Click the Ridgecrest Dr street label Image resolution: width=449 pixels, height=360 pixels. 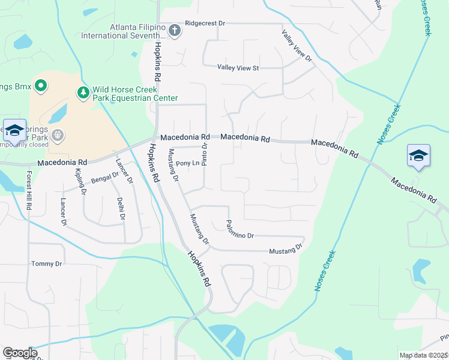205,23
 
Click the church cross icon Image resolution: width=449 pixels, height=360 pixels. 175,31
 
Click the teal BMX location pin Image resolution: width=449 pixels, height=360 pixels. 41,87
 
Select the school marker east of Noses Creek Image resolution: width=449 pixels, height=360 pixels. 418,157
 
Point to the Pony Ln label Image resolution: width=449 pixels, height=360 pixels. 187,163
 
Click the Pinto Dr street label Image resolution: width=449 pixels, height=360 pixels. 205,154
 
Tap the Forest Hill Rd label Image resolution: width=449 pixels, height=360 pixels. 28,190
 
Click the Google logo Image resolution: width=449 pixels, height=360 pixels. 20,353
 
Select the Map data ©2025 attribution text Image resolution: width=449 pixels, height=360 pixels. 423,355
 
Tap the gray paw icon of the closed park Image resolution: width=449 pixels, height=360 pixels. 58,135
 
